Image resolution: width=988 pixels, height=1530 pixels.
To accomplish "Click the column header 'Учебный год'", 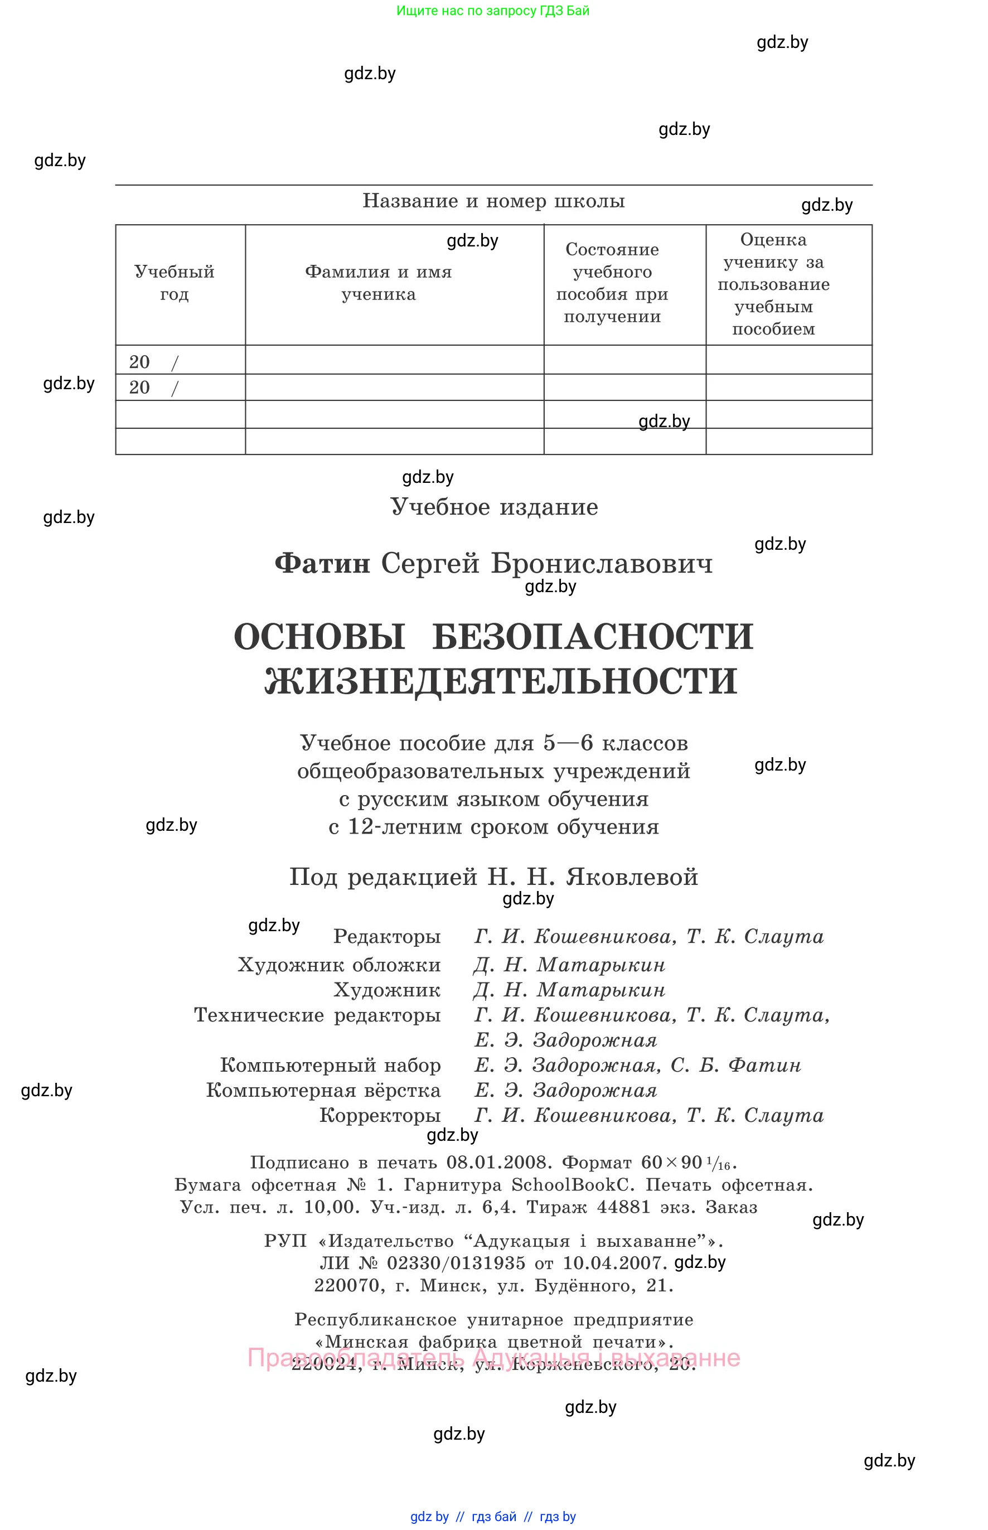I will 174,283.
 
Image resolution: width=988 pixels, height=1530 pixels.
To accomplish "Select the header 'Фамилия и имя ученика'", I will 378,283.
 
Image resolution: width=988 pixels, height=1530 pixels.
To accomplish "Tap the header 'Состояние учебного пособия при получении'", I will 612,283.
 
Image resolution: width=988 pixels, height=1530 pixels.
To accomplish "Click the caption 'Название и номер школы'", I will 493,201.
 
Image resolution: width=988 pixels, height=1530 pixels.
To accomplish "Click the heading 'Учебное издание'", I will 494,507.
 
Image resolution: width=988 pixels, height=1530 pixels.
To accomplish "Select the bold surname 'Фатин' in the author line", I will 322,564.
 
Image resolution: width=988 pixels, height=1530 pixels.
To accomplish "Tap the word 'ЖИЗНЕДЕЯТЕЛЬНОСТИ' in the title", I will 501,681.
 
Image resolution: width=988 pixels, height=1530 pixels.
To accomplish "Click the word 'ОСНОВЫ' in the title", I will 319,637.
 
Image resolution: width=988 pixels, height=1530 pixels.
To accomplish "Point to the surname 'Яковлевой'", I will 631,877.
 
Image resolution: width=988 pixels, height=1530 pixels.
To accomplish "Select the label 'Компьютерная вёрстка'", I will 323,1091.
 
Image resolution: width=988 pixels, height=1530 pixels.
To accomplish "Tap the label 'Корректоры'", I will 380,1116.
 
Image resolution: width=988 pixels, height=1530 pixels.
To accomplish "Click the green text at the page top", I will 493,11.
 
